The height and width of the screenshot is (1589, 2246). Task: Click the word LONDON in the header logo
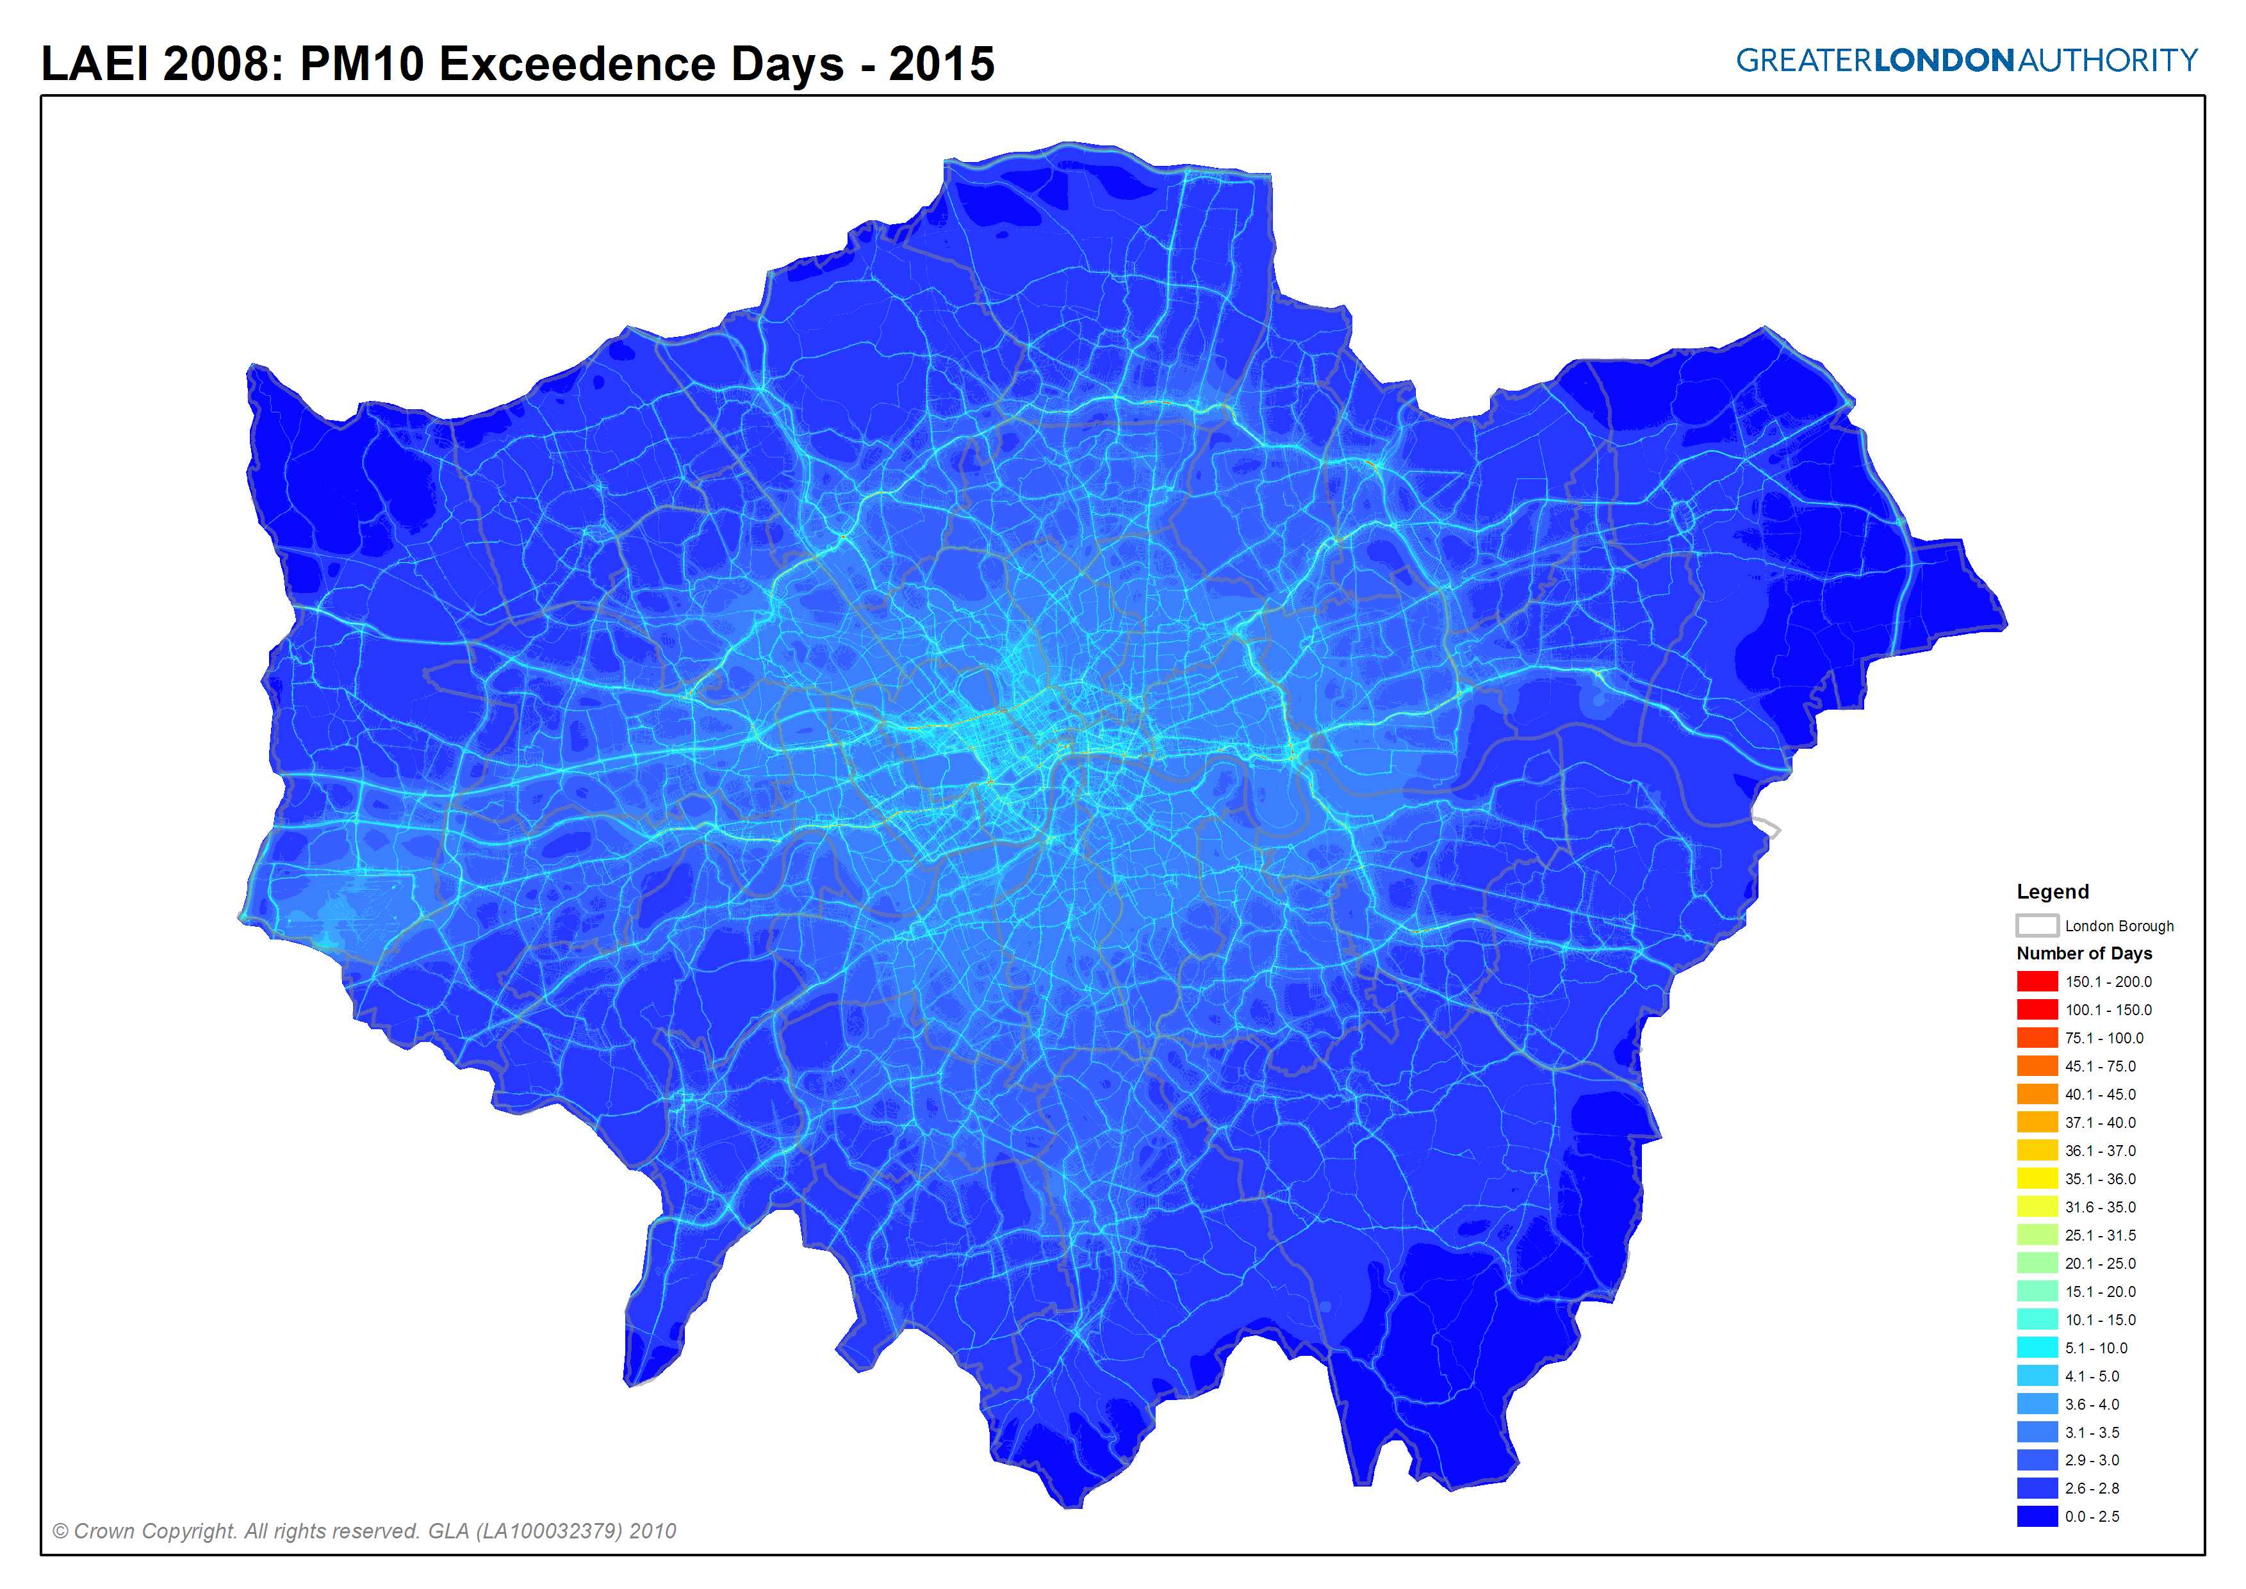tap(1944, 61)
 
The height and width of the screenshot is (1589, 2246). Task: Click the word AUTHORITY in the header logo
tap(2108, 61)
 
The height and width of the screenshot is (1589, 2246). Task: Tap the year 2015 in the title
tap(942, 65)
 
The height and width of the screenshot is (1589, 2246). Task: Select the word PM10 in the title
tap(361, 65)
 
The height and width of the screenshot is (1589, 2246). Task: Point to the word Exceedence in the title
tap(577, 65)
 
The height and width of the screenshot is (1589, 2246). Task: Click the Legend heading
tap(2053, 892)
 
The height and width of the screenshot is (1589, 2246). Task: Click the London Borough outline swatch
tap(2037, 925)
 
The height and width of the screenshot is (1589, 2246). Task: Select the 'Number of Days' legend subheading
tap(2083, 953)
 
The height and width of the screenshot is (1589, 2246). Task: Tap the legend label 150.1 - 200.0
tap(2108, 981)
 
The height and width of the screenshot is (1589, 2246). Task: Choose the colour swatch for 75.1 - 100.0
tap(2037, 1037)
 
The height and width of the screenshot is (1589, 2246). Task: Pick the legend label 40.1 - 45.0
tap(2100, 1094)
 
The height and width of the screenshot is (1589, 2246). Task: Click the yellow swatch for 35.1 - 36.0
tap(2037, 1178)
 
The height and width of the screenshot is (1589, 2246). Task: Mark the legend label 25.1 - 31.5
tap(2100, 1235)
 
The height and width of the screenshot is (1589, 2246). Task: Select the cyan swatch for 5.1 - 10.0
tap(2037, 1348)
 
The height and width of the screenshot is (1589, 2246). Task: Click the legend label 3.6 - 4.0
tap(2092, 1404)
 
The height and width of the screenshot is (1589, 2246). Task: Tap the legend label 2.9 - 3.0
tap(2092, 1460)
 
